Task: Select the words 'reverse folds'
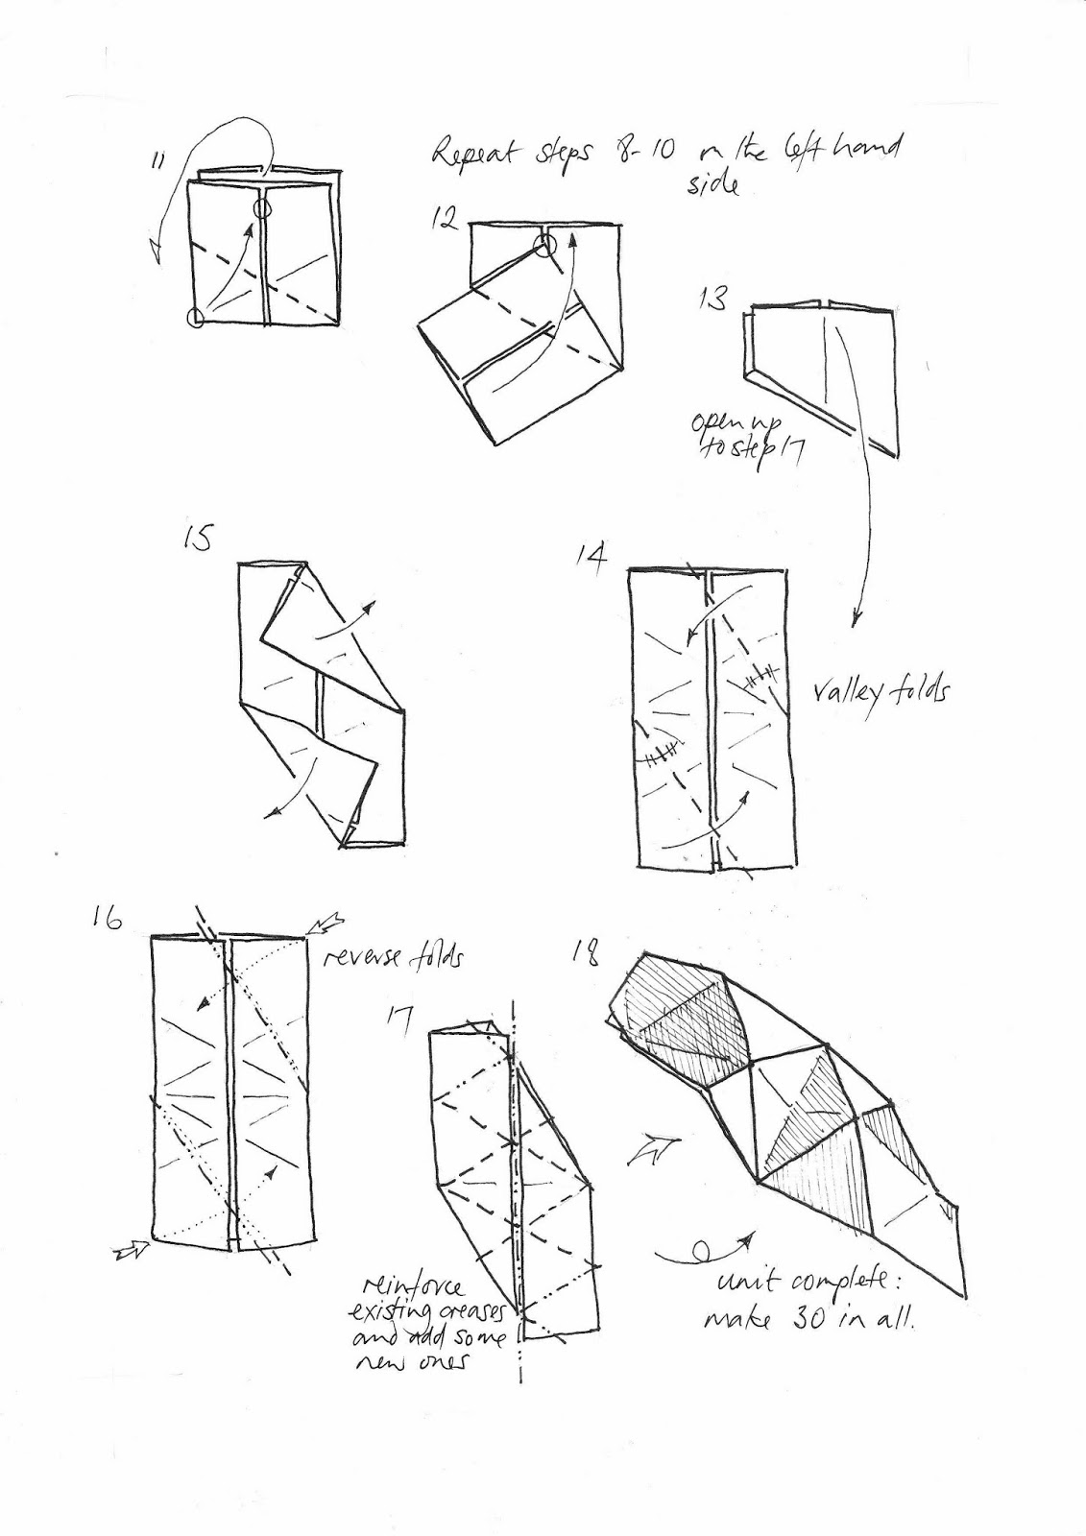tap(393, 957)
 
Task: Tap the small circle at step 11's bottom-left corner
tap(197, 318)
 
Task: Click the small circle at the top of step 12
tap(545, 247)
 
